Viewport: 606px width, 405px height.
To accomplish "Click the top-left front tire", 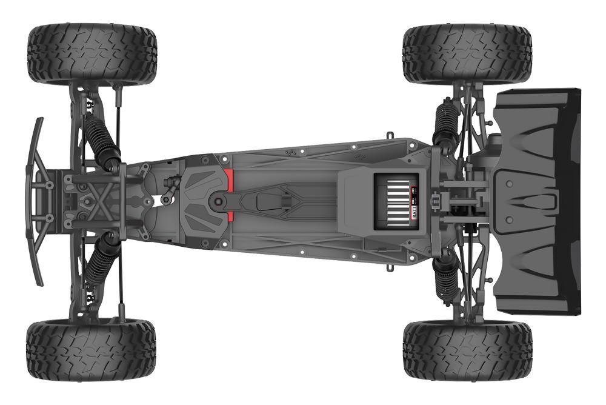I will coord(92,53).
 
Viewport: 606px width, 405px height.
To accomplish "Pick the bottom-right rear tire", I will coord(467,350).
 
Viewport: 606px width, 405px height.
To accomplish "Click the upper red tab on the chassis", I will coord(230,179).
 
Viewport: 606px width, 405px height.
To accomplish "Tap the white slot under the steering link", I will coord(162,198).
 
